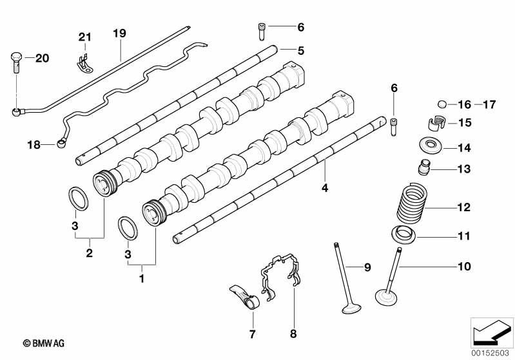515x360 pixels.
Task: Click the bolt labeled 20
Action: (x=15, y=62)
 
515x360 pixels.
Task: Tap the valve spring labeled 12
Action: (x=411, y=203)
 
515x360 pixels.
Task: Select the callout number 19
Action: (x=119, y=33)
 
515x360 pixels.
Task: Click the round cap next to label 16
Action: (x=443, y=104)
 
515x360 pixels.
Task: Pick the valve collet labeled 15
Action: (x=436, y=123)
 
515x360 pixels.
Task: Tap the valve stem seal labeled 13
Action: (x=424, y=167)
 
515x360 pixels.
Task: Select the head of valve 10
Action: (x=386, y=297)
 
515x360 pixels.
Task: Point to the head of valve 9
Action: (x=351, y=309)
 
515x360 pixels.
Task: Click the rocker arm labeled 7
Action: (x=245, y=297)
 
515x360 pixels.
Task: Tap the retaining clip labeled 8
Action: (x=281, y=275)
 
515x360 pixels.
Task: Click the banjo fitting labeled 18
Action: (x=62, y=143)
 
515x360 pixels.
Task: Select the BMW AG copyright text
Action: (x=44, y=343)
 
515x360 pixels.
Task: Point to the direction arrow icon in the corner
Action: (x=492, y=332)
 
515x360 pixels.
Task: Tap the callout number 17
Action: (x=489, y=105)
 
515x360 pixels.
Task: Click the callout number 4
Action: (x=325, y=188)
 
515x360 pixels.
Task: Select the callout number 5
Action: (x=301, y=50)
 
